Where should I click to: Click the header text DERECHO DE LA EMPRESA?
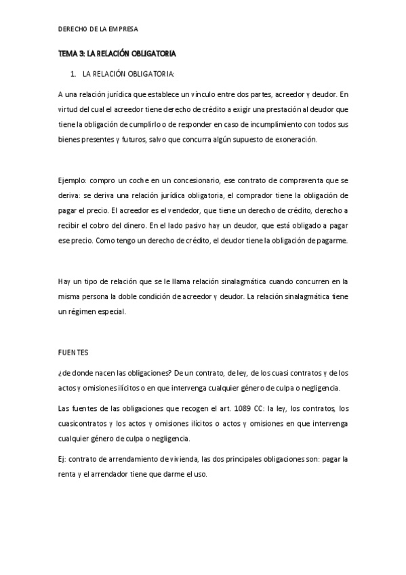tap(99, 29)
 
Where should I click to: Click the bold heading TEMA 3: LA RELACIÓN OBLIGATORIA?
tap(117, 53)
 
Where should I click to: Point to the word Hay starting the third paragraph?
tap(64, 281)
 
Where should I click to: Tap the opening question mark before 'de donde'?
tap(60, 373)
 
